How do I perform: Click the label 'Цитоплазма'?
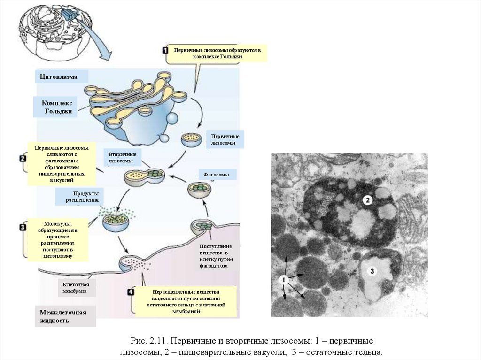[59, 77]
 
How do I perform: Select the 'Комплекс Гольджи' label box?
[56, 107]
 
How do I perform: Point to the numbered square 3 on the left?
[23, 228]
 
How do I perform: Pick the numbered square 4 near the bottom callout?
[130, 292]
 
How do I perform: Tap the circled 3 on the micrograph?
[372, 271]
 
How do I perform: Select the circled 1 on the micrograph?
[283, 280]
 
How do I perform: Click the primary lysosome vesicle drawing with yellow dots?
[192, 139]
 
